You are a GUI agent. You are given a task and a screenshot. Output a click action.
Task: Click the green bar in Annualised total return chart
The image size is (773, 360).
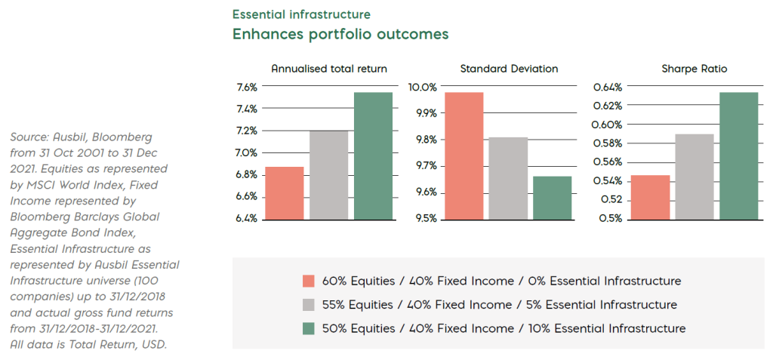pyautogui.click(x=373, y=155)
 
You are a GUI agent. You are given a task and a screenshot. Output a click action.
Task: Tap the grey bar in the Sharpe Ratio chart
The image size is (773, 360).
pyautogui.click(x=694, y=177)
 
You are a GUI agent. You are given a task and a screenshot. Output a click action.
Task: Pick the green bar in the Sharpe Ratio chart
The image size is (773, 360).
pyautogui.click(x=738, y=155)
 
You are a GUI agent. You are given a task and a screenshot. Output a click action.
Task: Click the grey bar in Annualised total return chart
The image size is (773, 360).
pyautogui.click(x=328, y=174)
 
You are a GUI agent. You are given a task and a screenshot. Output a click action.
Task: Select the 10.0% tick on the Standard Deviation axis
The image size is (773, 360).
pyautogui.click(x=423, y=87)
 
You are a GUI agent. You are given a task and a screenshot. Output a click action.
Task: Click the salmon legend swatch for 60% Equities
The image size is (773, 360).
pyautogui.click(x=308, y=282)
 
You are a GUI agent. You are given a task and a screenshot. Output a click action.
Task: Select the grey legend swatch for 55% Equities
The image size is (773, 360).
pyautogui.click(x=308, y=305)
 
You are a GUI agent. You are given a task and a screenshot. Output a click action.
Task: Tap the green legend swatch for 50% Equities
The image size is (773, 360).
pyautogui.click(x=308, y=328)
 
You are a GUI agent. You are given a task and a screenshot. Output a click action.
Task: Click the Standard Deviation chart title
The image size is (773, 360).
pyautogui.click(x=509, y=69)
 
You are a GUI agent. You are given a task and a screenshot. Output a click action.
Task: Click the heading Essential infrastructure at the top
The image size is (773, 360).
pyautogui.click(x=301, y=14)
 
